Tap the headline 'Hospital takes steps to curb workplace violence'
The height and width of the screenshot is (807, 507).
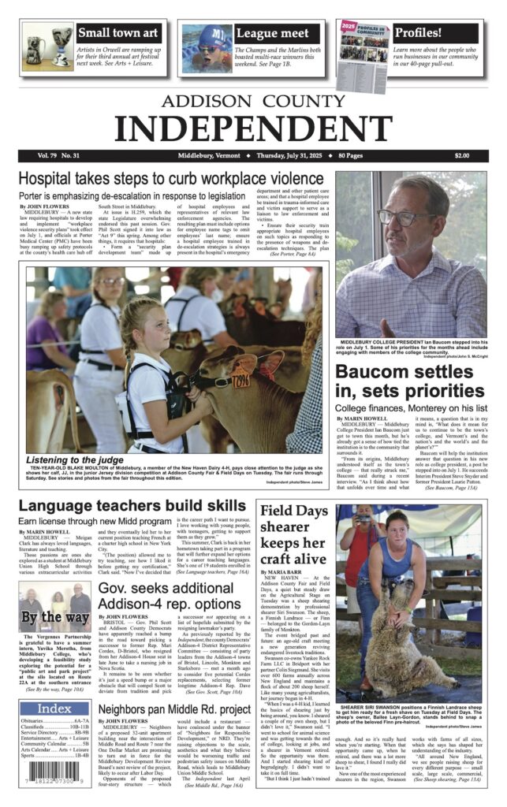point(171,179)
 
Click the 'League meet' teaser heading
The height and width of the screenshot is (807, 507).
point(272,34)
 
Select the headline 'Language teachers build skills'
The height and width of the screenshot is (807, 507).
point(132,506)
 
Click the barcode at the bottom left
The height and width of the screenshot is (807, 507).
point(54,774)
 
